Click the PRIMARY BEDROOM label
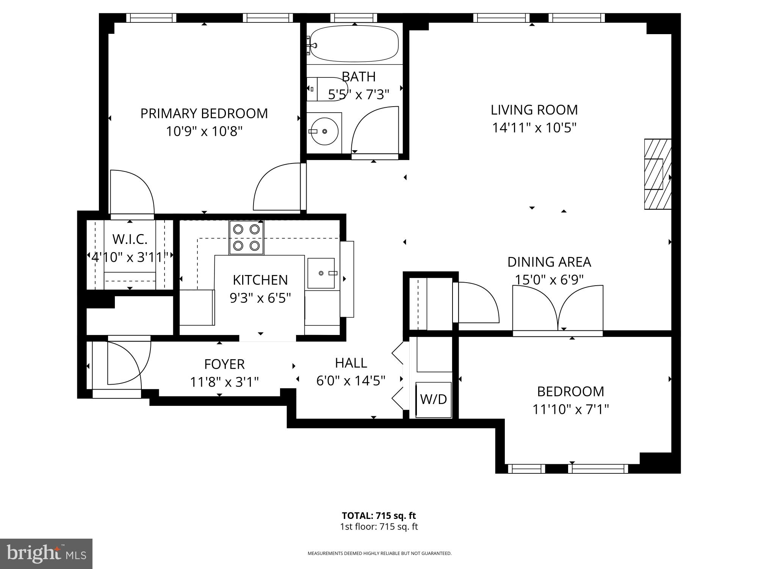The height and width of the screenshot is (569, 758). [x=204, y=113]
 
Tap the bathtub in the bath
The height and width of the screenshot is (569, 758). [x=354, y=44]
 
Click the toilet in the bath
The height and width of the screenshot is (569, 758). [x=326, y=89]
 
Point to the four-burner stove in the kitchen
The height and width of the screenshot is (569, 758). [x=246, y=237]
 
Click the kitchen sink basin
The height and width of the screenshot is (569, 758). [x=321, y=273]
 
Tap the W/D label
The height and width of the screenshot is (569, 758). [x=434, y=399]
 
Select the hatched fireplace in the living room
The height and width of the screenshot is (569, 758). [x=657, y=174]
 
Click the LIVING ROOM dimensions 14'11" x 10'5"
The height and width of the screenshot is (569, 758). [x=534, y=128]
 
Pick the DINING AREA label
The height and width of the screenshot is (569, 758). [x=549, y=262]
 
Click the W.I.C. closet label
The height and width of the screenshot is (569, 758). [x=130, y=239]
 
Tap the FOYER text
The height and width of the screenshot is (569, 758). [x=224, y=364]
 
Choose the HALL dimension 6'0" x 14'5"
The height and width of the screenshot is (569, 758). [x=351, y=380]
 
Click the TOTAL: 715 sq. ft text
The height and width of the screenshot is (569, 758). [x=379, y=516]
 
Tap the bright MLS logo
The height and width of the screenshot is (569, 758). [x=46, y=554]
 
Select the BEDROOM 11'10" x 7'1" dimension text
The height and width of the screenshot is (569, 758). [x=570, y=409]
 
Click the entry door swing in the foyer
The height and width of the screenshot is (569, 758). [x=125, y=362]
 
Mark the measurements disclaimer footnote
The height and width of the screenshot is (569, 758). [x=379, y=553]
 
